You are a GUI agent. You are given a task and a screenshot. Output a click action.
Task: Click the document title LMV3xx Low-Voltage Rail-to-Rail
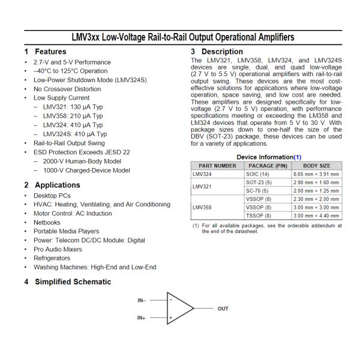coord(183,37)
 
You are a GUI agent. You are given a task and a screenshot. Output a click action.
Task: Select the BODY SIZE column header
coord(316,165)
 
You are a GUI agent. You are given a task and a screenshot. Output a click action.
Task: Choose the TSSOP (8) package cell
coord(259,215)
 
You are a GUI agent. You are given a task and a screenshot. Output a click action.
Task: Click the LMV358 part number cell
coord(202,207)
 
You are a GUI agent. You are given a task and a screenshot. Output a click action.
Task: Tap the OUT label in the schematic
coord(223,309)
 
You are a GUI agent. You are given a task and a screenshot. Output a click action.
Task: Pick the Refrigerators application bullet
coord(52,258)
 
